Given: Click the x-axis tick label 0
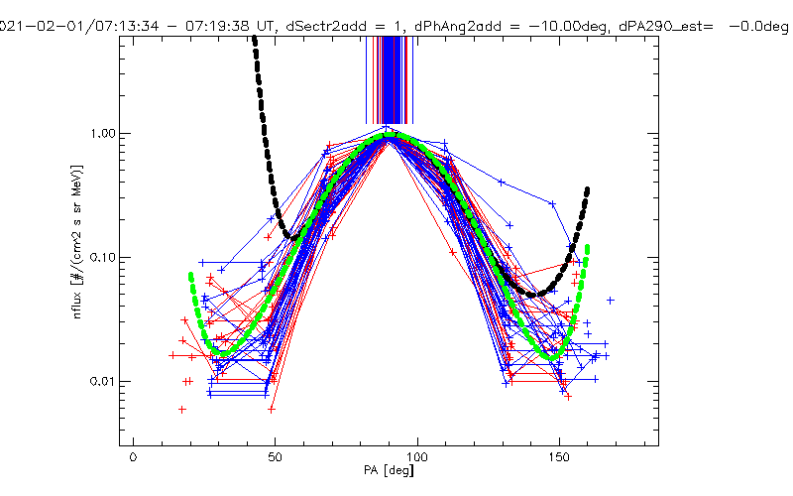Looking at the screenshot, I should [133, 457].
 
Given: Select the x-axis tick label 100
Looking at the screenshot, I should [418, 457].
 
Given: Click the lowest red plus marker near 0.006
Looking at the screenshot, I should [182, 409].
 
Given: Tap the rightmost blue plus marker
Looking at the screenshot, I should [611, 300].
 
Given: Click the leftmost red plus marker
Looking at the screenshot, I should [172, 354].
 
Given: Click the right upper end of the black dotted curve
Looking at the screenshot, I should [588, 188].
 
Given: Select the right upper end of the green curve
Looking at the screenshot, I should [588, 247].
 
